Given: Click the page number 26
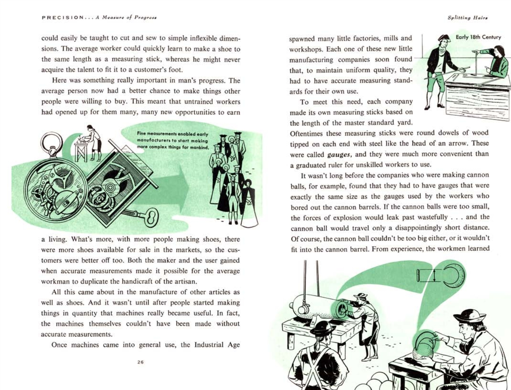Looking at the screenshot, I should coord(140,362).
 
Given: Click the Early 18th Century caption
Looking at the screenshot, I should coord(478,37).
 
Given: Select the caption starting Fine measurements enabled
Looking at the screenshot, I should coord(173,140).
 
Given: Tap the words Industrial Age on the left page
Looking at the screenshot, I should coord(217,344).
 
